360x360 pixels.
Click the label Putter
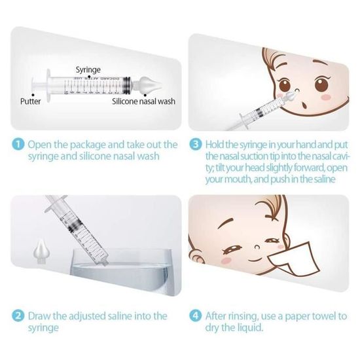pos(30,101)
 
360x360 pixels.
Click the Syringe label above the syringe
pos(88,70)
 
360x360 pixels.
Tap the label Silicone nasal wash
pos(143,101)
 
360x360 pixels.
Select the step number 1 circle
pos(18,145)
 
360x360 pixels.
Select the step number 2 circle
pos(18,316)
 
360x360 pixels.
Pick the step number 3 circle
pos(196,145)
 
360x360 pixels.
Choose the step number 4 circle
pos(196,316)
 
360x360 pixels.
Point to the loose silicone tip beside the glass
pos(41,252)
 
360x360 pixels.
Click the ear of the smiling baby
pos(197,257)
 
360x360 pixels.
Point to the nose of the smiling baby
pos(257,247)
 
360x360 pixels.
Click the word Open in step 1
pos(40,145)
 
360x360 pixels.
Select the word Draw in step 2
pos(39,316)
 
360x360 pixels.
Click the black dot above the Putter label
pos(33,95)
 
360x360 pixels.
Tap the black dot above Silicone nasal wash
pos(145,95)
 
